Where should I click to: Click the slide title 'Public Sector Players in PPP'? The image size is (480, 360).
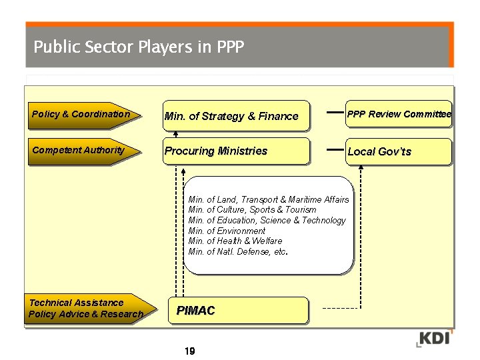click(x=139, y=47)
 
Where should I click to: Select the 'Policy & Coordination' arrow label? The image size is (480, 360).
click(x=81, y=114)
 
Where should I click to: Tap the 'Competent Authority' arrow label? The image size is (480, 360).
click(x=79, y=150)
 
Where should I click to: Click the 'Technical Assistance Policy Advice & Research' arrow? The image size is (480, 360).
click(x=85, y=308)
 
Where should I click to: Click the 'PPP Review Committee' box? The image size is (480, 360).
click(x=399, y=114)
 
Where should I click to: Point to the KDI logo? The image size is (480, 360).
click(x=434, y=337)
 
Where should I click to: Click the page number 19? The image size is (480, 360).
click(x=189, y=351)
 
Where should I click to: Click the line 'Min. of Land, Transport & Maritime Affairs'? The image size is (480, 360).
click(x=269, y=199)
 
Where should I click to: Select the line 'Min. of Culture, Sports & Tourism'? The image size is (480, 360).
click(x=253, y=209)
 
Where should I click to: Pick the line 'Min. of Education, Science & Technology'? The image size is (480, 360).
click(x=267, y=220)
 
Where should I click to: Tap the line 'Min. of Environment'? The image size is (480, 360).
click(x=227, y=231)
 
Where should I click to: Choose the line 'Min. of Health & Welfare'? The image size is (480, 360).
click(x=235, y=241)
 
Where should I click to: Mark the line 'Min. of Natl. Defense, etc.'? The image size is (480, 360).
click(x=238, y=251)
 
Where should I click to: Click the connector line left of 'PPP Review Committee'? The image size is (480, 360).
click(x=335, y=113)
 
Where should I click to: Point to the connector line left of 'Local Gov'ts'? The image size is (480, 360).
click(x=335, y=150)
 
